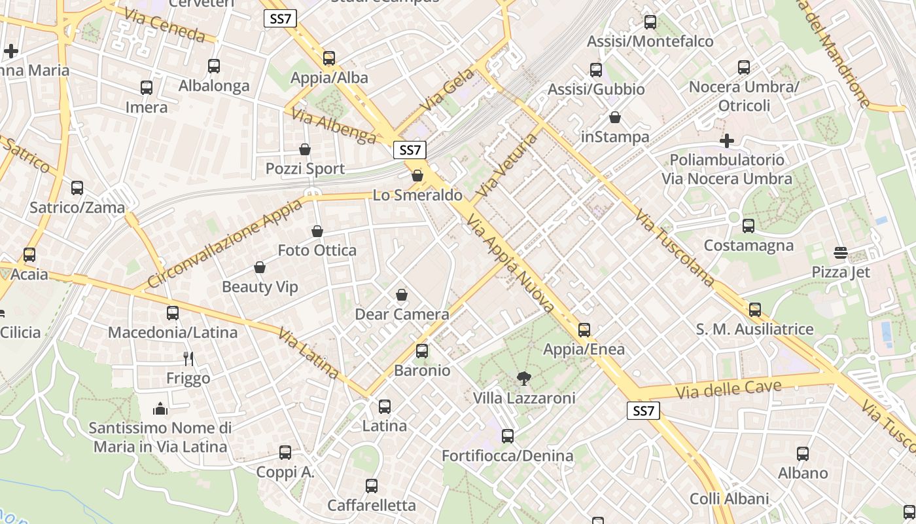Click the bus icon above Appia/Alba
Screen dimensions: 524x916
[x=329, y=58]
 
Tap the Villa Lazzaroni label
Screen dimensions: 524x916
[x=524, y=398]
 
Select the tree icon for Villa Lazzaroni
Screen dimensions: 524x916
[x=523, y=378]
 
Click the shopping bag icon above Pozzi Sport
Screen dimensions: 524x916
[x=305, y=150]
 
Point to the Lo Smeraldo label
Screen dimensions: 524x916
[x=417, y=195]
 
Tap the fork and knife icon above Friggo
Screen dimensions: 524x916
[x=188, y=358]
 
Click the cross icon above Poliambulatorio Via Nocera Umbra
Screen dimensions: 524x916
[x=726, y=141]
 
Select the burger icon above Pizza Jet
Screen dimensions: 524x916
[x=841, y=253]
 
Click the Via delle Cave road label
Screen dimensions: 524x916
[x=728, y=389]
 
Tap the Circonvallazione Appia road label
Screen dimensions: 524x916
[x=225, y=244]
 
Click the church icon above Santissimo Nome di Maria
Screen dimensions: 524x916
[x=160, y=409]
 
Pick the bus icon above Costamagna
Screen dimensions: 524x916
[x=749, y=226]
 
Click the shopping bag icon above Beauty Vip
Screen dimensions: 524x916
[x=260, y=268]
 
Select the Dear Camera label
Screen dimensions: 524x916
[x=402, y=314]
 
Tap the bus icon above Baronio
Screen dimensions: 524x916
[x=422, y=351]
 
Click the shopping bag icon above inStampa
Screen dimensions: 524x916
[x=615, y=118]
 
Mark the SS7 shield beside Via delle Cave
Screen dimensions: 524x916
[x=643, y=411]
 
